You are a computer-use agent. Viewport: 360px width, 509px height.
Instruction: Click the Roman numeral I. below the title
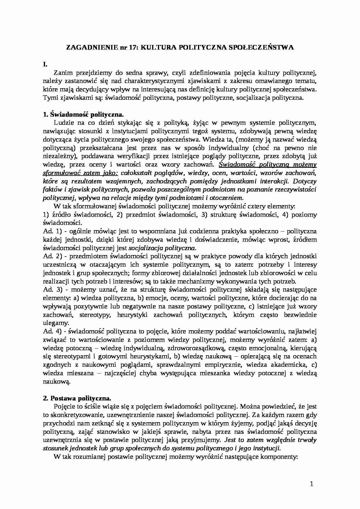tap(45, 64)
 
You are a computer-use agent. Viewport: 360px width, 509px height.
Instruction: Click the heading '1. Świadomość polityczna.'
tap(83, 114)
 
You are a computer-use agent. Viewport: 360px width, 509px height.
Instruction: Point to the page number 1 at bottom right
tap(312, 484)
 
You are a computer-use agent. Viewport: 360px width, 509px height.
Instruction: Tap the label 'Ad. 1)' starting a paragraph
tap(51, 232)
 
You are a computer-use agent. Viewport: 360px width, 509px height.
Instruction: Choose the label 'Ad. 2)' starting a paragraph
tap(51, 257)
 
